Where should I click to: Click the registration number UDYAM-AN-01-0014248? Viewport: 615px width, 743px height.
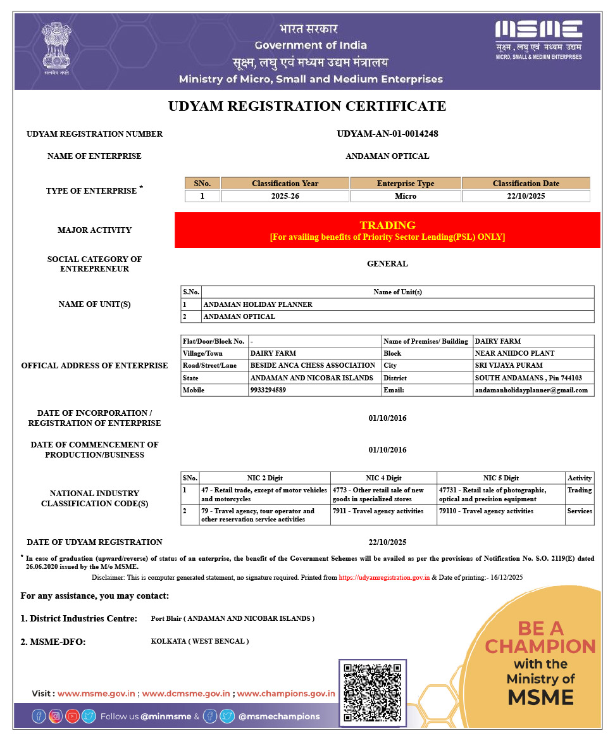coord(387,134)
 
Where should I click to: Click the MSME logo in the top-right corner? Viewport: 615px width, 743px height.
coord(538,39)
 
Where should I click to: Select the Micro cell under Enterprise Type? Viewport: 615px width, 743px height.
coord(406,196)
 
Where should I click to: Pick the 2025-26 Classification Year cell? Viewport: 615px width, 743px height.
coord(285,196)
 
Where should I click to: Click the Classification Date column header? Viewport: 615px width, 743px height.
coord(526,184)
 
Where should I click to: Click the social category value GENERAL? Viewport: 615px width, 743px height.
coord(387,264)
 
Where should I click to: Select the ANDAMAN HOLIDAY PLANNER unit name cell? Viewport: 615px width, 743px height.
coord(258,304)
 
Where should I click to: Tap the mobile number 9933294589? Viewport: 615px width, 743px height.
coord(268,390)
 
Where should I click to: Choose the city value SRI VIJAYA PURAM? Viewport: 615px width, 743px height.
coord(508,365)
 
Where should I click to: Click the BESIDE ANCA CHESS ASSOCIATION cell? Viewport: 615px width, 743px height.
coord(313,365)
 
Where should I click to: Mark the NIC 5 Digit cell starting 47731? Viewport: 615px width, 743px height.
coord(492,494)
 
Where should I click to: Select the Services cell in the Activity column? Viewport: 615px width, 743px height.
coord(580,511)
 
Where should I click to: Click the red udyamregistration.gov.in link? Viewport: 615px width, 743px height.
coord(384,578)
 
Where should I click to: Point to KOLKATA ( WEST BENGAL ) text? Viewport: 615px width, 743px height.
coord(200,641)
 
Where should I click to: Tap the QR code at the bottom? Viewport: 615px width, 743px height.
coord(372,692)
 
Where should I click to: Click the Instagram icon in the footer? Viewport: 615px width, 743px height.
coord(56,716)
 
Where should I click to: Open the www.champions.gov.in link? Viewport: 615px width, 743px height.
coord(286,694)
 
